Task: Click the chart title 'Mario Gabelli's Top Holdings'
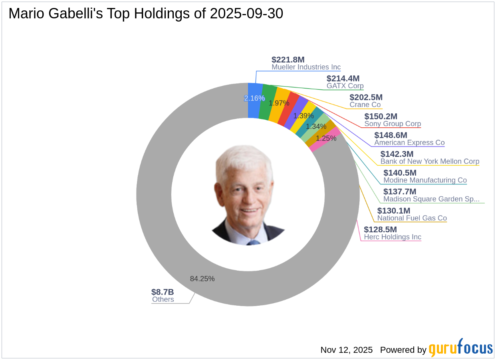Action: pyautogui.click(x=146, y=14)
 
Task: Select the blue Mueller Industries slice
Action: pyautogui.click(x=254, y=101)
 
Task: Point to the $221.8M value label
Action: pyautogui.click(x=288, y=60)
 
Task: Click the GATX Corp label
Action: pyautogui.click(x=345, y=86)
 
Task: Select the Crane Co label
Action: pyautogui.click(x=365, y=105)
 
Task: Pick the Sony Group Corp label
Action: pyautogui.click(x=393, y=124)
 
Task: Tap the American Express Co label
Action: pyautogui.click(x=409, y=142)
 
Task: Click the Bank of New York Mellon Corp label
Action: pyautogui.click(x=430, y=162)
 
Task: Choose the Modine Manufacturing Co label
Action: pyautogui.click(x=425, y=180)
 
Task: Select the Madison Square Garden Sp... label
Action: pyautogui.click(x=431, y=199)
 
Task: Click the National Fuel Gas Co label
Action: pyautogui.click(x=412, y=218)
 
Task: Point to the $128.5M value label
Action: pyautogui.click(x=380, y=229)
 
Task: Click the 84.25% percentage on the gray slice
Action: pyautogui.click(x=202, y=279)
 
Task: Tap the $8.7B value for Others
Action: pyautogui.click(x=163, y=292)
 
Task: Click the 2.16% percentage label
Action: pyautogui.click(x=254, y=98)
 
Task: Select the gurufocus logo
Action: pyautogui.click(x=461, y=348)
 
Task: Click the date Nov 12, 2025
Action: pyautogui.click(x=346, y=350)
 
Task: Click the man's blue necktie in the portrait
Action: pyautogui.click(x=253, y=242)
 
